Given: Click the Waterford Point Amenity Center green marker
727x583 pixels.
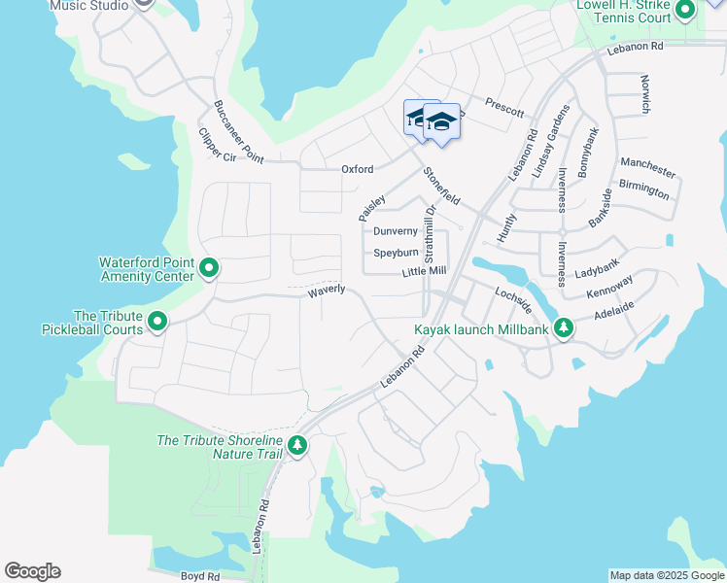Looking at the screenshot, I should tap(208, 267).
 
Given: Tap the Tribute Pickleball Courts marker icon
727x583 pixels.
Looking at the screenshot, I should tap(156, 321).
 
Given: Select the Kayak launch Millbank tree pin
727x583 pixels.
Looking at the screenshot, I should tap(563, 329).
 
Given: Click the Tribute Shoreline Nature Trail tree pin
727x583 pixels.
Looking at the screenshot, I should tap(297, 446).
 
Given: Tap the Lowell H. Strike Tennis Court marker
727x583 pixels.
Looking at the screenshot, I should tap(685, 12).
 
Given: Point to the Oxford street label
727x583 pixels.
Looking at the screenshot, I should tap(357, 169).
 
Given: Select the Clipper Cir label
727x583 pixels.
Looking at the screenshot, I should tap(217, 146).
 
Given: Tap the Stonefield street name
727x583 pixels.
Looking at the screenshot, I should tap(441, 186).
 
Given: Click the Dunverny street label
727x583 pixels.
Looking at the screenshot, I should tap(396, 231).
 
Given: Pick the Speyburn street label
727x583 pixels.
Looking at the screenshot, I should tap(396, 253).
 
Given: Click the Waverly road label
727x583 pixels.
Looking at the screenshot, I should tap(327, 291).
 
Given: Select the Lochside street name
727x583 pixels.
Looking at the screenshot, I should tap(513, 299).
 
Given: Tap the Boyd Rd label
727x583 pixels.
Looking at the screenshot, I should tap(200, 575).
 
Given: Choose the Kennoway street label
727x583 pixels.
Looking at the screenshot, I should tap(609, 287).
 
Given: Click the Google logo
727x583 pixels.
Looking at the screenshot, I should tap(32, 571).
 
